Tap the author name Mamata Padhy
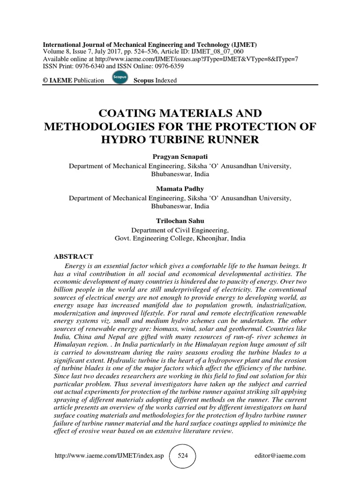pos(180,189)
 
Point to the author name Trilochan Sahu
pos(180,221)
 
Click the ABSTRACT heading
pos(74,256)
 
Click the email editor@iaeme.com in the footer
pos(280,456)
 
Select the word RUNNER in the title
pos(233,139)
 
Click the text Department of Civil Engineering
pos(180,230)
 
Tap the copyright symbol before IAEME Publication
pos(45,81)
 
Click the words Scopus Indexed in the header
pos(155,81)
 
